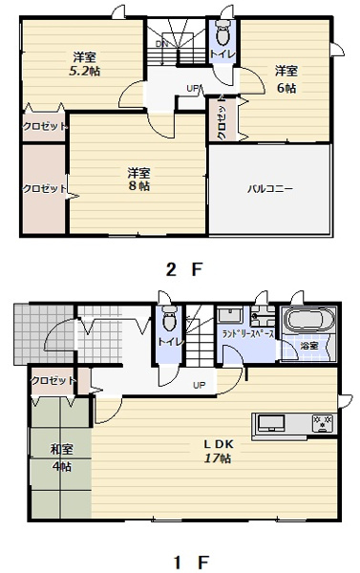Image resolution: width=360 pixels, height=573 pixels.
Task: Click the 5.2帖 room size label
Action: [x=84, y=71]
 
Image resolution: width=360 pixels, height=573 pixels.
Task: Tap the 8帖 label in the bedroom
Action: [x=138, y=185]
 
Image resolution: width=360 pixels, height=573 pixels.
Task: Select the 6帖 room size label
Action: [x=286, y=88]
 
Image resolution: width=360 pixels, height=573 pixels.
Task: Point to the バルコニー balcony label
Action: [x=270, y=189]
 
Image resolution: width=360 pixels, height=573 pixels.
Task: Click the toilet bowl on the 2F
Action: [x=222, y=33]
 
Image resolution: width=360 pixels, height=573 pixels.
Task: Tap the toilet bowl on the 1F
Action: [x=169, y=319]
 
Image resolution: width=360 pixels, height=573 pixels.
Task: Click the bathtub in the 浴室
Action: [x=309, y=319]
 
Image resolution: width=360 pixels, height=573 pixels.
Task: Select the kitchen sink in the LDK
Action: [x=271, y=423]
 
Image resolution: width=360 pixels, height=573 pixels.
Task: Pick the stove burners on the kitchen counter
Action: [x=323, y=423]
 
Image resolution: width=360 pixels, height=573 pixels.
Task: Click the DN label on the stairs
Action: [x=161, y=44]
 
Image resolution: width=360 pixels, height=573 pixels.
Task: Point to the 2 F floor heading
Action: [x=184, y=269]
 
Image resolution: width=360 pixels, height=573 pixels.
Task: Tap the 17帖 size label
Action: [x=217, y=458]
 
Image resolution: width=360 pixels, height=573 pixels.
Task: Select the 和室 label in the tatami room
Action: [x=61, y=450]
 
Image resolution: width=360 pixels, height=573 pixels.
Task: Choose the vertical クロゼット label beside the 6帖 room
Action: [x=222, y=117]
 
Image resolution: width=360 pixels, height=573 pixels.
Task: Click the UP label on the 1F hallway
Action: [x=200, y=385]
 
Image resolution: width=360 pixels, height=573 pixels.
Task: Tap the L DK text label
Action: [x=218, y=444]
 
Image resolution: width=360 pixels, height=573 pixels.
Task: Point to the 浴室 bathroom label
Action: [x=308, y=346]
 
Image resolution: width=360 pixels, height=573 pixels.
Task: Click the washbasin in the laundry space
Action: [x=230, y=315]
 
